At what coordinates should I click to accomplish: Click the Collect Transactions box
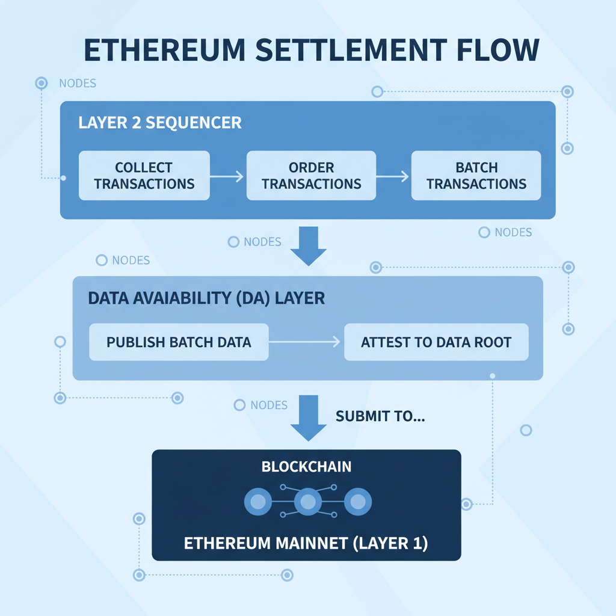pos(144,176)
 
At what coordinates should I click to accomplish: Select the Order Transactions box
pos(312,176)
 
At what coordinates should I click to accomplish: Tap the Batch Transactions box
pos(476,176)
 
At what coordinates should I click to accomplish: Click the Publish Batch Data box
pos(179,342)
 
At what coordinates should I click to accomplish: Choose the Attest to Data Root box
pos(436,342)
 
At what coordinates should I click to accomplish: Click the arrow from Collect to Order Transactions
pos(227,176)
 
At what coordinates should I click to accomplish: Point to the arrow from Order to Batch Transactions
pos(393,176)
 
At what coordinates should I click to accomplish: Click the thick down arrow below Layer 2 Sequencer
pos(309,245)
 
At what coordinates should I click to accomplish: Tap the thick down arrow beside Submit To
pos(309,416)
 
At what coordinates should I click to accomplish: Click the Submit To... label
pos(380,416)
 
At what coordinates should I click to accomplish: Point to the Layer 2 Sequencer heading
pos(160,123)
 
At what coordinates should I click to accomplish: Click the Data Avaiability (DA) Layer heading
pos(206,298)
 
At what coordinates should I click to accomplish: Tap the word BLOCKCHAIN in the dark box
pos(307,466)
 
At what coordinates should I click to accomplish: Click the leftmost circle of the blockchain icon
pos(258,501)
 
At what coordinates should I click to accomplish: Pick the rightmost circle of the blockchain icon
pos(358,501)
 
